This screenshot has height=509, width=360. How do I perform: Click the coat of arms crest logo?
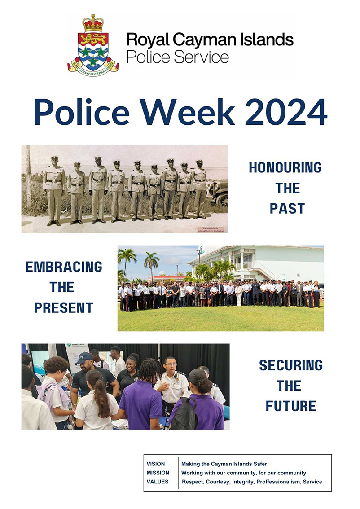coord(93,45)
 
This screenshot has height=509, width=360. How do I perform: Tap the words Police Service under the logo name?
coord(177,57)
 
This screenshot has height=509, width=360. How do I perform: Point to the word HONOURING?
coord(285,168)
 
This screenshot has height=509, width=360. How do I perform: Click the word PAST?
coord(287,208)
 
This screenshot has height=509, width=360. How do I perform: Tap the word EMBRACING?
coord(64,267)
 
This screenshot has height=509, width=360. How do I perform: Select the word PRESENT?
coord(64,307)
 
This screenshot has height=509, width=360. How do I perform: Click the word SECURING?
coord(290,365)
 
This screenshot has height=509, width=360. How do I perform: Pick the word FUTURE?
coord(290,406)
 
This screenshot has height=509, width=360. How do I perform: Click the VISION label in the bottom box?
coord(156,464)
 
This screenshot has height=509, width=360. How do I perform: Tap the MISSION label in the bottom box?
coord(158,473)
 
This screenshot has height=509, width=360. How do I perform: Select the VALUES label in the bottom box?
coord(158,482)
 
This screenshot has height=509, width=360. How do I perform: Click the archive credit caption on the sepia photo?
coord(210,229)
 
